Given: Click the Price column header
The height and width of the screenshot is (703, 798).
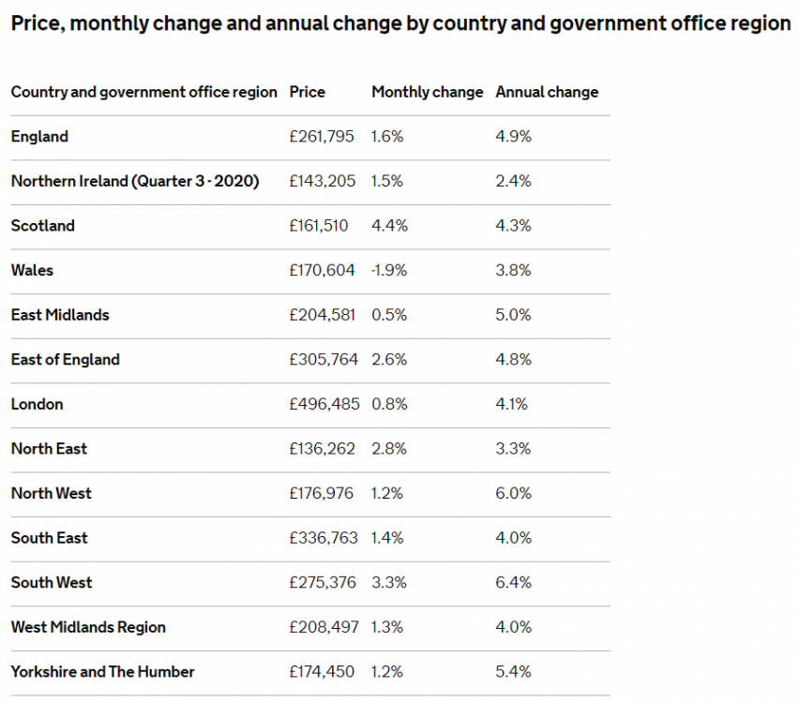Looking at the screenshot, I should tap(308, 92).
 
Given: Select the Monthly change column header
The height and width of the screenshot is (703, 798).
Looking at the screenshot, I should tap(427, 92).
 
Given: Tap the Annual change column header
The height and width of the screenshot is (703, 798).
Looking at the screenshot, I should tap(547, 92).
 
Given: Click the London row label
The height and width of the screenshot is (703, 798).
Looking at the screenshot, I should tap(38, 404).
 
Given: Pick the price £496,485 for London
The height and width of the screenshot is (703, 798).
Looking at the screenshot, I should tap(323, 404).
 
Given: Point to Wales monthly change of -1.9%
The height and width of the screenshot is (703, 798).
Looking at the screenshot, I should tap(389, 270).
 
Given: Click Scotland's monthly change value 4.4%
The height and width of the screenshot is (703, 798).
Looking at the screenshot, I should tap(387, 226).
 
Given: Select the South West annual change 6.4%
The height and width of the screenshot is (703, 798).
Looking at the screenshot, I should tap(513, 582).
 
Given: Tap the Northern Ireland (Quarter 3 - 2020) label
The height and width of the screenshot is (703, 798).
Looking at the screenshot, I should tap(135, 181).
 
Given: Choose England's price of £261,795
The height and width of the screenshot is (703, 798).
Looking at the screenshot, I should tap(322, 137).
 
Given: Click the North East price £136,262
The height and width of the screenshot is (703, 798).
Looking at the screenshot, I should tap(323, 449).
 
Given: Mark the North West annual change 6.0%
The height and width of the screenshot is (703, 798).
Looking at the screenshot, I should tap(513, 493).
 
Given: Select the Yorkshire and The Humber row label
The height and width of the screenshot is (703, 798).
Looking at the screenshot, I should tap(103, 671).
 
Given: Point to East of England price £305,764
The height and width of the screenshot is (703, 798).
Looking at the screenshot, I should tap(323, 359).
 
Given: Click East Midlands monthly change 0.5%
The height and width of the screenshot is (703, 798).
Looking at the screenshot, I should tap(389, 315).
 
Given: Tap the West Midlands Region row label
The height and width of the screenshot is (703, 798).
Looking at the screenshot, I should tap(88, 627).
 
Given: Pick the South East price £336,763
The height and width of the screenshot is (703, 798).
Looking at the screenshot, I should tap(323, 538).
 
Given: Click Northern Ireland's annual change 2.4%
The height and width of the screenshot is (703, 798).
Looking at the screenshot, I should tap(513, 181).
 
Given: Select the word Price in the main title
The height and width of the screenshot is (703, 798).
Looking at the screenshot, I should tap(36, 23).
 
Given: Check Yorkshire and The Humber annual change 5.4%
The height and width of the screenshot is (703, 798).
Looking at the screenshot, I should tap(513, 671).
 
